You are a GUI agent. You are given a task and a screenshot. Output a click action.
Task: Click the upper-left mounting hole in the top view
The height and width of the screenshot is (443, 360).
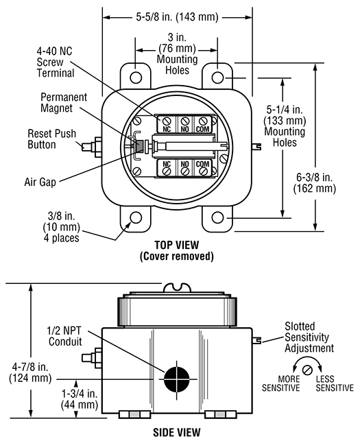coord(136,77)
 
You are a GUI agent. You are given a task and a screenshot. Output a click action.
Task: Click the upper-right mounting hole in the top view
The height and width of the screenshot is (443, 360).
coord(217,77)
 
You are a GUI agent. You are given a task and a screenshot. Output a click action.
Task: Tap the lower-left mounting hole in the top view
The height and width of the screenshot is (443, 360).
coord(136,218)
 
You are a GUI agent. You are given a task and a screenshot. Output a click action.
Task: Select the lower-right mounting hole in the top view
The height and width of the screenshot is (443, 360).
coord(217,218)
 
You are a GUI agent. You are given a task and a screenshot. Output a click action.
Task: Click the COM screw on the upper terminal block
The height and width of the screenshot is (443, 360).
coord(202,121)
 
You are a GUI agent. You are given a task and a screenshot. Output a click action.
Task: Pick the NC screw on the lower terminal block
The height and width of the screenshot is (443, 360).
coord(167,171)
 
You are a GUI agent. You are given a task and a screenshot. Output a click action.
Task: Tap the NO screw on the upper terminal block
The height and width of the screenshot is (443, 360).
coord(185,121)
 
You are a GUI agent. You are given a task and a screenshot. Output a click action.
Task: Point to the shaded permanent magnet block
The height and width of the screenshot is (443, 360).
coord(139,147)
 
